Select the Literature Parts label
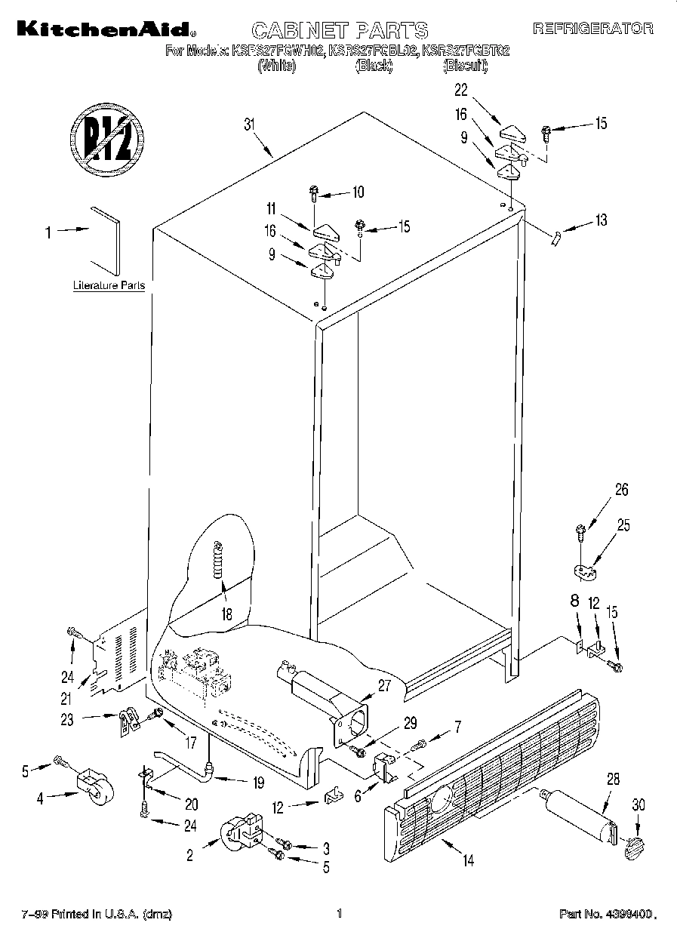coord(109,287)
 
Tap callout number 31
coord(251,125)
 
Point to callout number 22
coord(460,91)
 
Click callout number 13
coord(601,220)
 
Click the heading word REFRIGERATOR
coord(593,29)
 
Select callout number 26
coord(621,490)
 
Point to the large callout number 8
coord(575,602)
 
